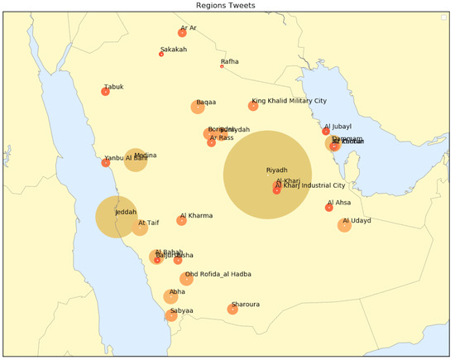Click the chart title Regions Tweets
pos(226,6)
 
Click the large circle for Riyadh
pos(266,175)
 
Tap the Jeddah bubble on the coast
pos(117,217)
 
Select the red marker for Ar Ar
pos(182,32)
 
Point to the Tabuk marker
pos(105,92)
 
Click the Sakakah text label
pos(174,50)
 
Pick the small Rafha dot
pos(222,66)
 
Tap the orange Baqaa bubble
pos(198,107)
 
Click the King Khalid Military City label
pos(290,100)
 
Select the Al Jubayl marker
pos(326,132)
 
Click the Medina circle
pos(136,160)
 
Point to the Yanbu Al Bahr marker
pos(105,162)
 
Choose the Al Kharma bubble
pos(181,220)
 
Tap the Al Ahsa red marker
pos(329,207)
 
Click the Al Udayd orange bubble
pos(344,225)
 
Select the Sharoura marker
pos(232,309)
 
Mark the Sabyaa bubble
pos(171,314)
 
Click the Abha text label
pos(177,292)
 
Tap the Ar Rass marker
pos(211,142)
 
